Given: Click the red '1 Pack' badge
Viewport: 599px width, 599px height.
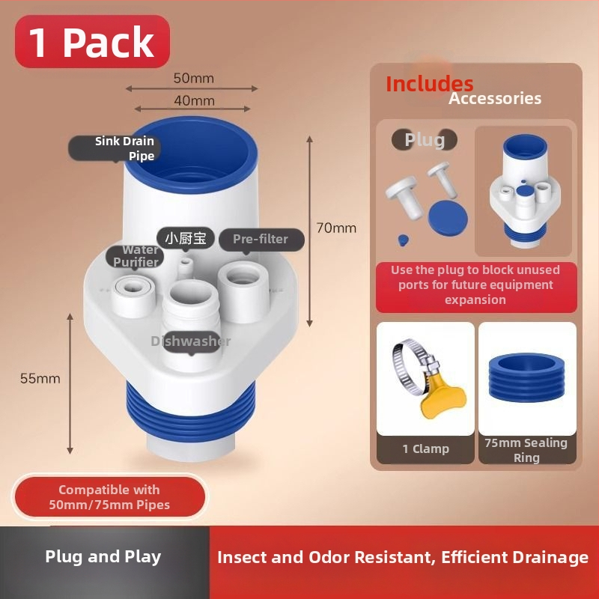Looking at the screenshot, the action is click(x=92, y=41).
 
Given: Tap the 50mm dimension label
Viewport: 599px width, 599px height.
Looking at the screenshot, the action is click(x=194, y=78).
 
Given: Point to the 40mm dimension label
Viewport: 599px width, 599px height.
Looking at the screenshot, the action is click(x=194, y=100).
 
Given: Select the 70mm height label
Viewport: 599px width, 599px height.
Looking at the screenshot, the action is click(x=336, y=228).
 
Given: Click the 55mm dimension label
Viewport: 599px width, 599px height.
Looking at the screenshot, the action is click(x=40, y=378).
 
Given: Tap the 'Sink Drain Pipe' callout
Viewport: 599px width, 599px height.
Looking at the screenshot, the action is click(x=115, y=148).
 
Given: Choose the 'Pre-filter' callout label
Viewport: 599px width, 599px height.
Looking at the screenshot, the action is click(x=261, y=240).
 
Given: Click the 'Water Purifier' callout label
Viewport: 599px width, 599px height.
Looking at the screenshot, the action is click(x=135, y=256).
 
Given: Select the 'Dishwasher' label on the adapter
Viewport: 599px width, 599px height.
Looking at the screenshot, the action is click(x=191, y=341).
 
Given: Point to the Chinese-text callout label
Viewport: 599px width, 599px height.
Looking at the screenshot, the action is click(x=186, y=238).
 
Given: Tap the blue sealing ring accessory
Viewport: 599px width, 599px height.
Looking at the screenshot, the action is click(x=526, y=377).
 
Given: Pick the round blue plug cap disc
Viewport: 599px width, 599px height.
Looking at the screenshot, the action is click(x=448, y=218).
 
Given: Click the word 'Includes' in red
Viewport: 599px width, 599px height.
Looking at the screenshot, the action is click(x=429, y=84).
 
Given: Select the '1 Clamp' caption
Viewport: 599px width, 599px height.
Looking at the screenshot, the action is click(x=425, y=449).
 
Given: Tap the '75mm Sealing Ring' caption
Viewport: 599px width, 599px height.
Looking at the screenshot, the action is click(x=526, y=450).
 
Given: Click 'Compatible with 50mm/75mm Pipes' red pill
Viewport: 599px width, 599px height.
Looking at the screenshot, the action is click(x=110, y=496).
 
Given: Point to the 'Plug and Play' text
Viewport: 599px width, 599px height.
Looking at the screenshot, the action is click(x=103, y=556).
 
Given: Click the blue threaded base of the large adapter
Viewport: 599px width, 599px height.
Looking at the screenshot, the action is click(x=190, y=412).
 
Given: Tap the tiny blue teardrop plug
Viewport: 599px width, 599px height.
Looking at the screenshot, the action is click(x=403, y=240).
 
